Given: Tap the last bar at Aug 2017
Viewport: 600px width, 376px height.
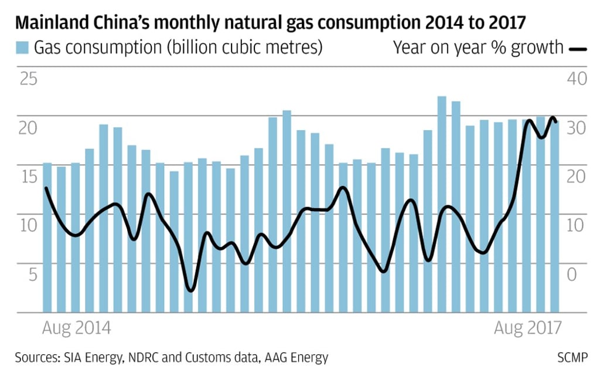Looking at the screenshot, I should [x=554, y=217].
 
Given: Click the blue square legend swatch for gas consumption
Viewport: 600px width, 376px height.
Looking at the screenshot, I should [x=22, y=47].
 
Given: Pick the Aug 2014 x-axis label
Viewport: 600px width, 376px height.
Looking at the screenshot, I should [x=76, y=327].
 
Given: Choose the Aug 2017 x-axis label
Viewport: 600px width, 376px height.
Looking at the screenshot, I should [x=527, y=327].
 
